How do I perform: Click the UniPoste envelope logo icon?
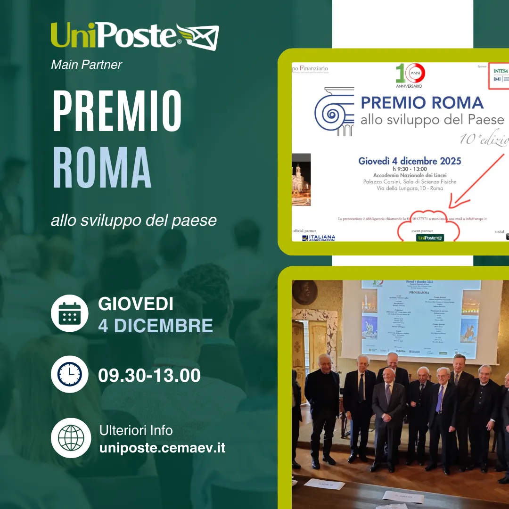coord(198,36)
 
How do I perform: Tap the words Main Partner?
coord(86,65)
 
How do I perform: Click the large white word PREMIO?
coord(117,111)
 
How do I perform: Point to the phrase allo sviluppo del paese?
coord(134,220)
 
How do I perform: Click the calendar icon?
coord(70,313)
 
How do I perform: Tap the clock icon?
coord(70,374)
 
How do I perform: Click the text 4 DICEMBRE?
coord(156,326)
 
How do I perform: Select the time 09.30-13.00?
coord(149,376)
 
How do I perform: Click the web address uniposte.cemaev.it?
coord(162,447)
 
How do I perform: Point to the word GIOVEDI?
coord(136,304)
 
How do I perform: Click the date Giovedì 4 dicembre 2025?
coord(410,161)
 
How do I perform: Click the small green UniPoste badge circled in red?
coord(430,238)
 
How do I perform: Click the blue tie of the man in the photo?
coord(440,398)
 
